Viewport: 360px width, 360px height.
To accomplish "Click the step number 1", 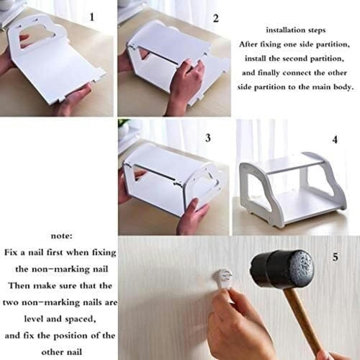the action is tap(91, 17).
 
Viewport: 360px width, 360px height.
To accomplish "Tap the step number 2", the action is tap(216, 19).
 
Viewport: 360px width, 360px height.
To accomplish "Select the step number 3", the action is tap(208, 138).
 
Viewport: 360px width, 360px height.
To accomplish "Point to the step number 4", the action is tap(335, 140).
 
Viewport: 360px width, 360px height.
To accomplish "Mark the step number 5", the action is tap(336, 257).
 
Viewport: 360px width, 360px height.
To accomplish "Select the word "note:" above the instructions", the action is tap(61, 236).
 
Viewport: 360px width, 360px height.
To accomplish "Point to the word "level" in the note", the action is tap(33, 319).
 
